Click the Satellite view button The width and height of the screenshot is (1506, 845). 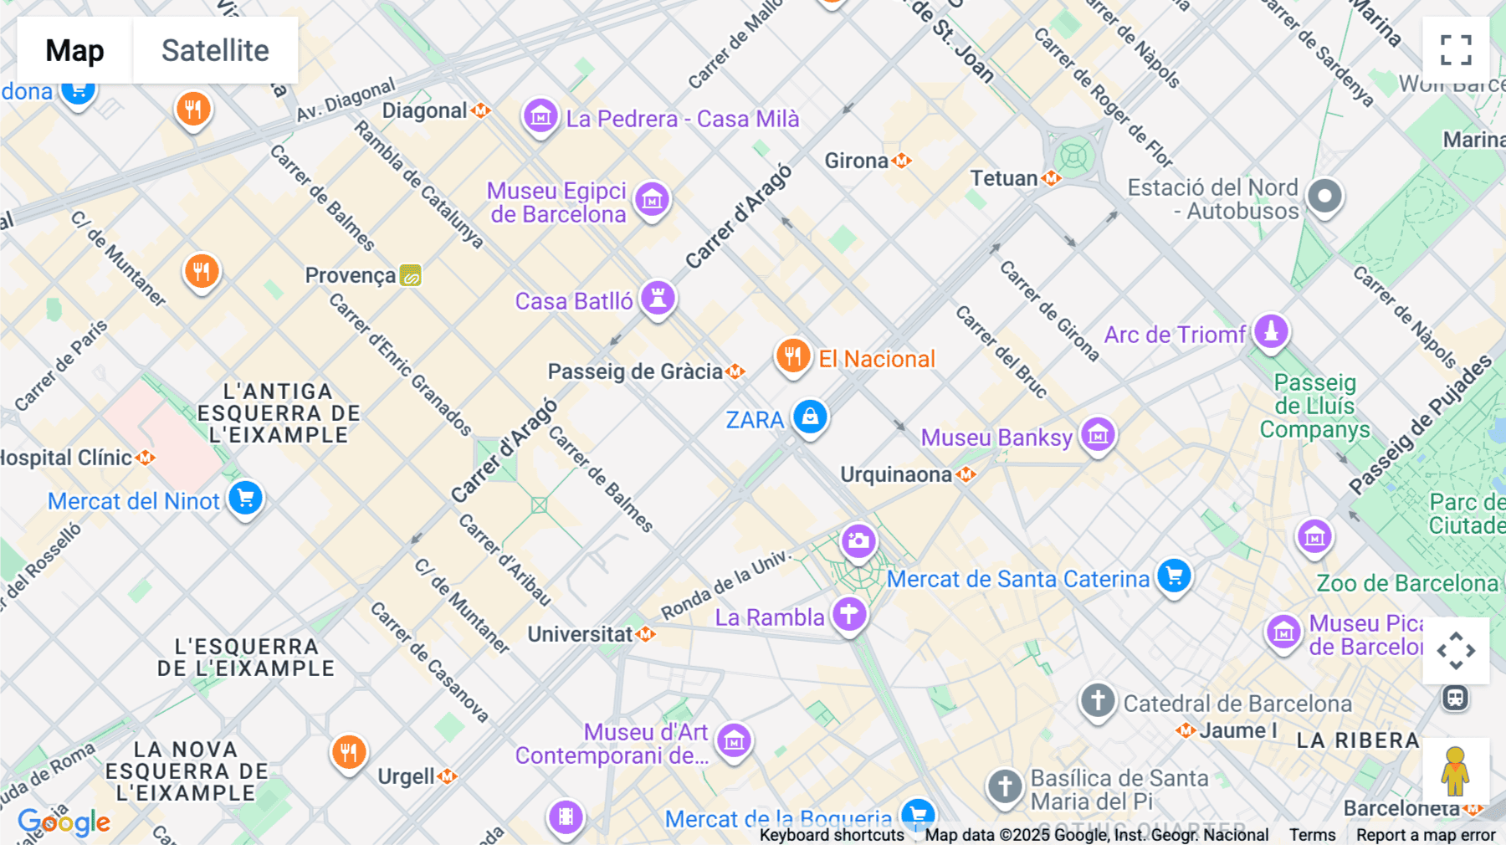215,50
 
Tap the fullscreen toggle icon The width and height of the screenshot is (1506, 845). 1456,50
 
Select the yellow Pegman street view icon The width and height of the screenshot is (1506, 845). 1455,771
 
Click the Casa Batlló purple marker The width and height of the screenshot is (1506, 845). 658,298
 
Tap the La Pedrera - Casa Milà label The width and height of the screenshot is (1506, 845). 682,119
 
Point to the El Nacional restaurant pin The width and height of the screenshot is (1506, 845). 791,356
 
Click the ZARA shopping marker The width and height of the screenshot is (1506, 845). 810,417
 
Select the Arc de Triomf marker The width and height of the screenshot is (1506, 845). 1270,331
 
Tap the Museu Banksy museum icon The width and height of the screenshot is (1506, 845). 1098,434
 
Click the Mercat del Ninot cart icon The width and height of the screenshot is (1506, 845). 245,499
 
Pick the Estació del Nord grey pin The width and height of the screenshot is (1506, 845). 1324,197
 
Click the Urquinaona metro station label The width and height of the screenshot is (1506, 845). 896,474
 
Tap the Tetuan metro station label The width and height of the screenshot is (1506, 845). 1004,178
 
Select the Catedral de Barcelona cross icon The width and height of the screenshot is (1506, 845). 1098,700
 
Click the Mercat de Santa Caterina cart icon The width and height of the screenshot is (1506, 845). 1174,576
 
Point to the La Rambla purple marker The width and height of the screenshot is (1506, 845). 849,614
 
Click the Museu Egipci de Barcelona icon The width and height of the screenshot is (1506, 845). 652,200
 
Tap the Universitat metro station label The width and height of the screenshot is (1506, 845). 580,634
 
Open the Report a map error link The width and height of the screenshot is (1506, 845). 1426,835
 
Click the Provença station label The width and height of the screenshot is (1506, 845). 350,275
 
